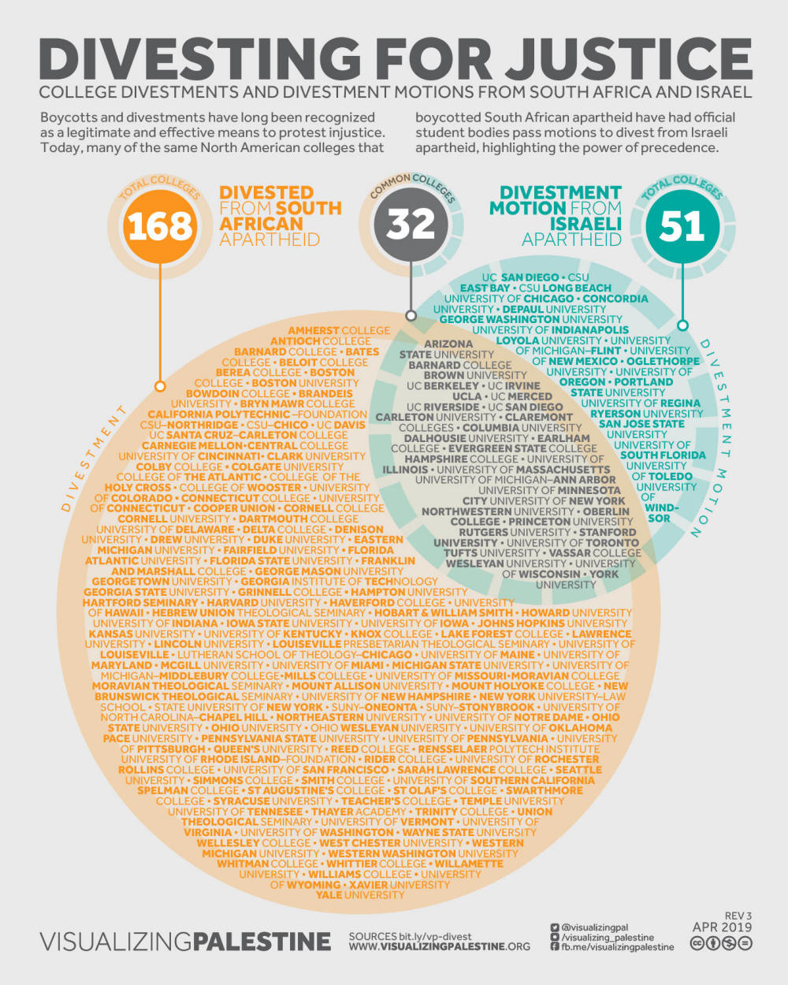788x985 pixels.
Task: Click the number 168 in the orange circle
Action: (160, 226)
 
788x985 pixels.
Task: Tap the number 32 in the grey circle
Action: (411, 224)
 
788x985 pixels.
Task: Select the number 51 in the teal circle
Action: (682, 226)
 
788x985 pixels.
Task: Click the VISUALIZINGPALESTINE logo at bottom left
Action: (185, 941)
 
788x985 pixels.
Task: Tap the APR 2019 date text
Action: (722, 927)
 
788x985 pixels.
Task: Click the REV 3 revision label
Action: (738, 916)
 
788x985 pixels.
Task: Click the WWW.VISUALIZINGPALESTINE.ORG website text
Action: (440, 946)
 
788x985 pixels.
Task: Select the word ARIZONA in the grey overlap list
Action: (448, 344)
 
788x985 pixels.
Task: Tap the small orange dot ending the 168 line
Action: (160, 386)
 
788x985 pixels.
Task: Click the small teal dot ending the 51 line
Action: (682, 325)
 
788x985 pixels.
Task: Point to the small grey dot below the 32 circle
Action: (411, 315)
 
